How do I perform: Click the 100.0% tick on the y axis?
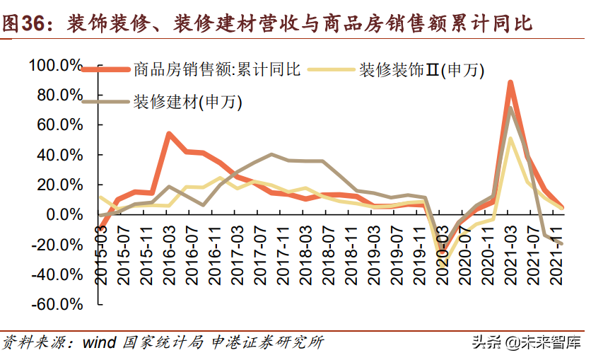55,65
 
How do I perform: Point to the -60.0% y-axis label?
55,305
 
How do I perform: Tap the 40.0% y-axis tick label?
59,155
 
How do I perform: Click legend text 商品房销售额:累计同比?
218,69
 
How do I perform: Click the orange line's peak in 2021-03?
510,83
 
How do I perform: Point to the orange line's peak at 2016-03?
170,133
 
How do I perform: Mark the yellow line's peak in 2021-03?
510,139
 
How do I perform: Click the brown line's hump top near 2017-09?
272,154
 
